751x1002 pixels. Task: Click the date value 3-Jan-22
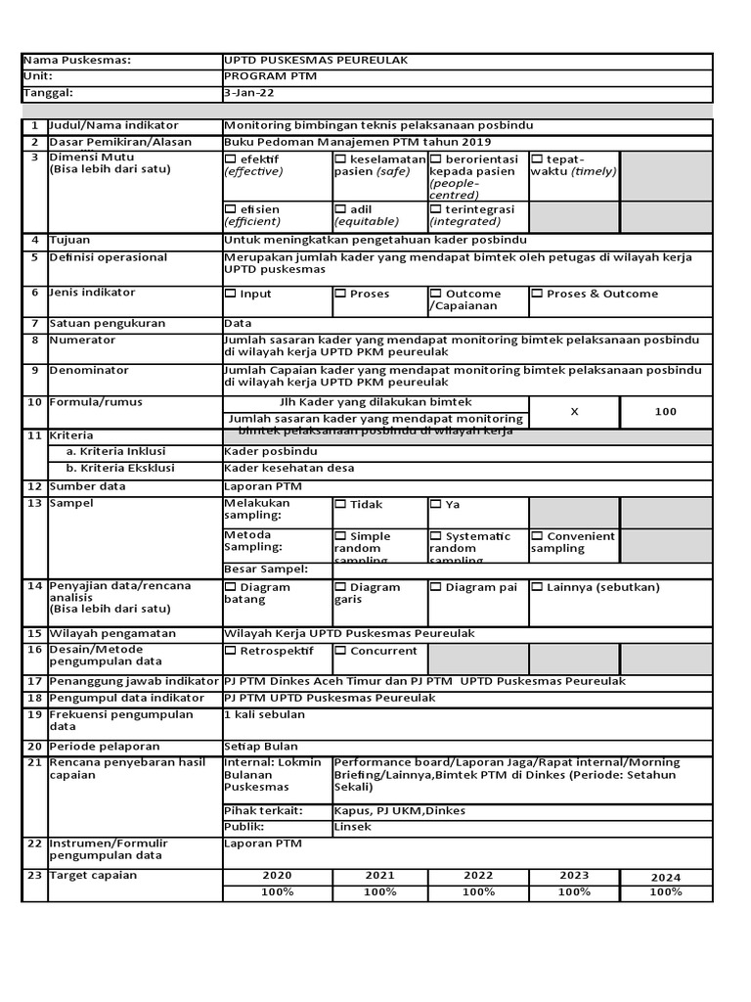click(x=243, y=93)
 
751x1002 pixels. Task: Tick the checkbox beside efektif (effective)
click(x=231, y=159)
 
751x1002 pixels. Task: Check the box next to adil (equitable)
click(x=340, y=209)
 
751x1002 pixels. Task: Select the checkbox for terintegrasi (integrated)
click(x=436, y=209)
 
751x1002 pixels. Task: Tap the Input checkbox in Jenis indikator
click(x=231, y=294)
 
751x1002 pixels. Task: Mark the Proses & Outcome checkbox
click(x=537, y=294)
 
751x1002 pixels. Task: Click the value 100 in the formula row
click(x=665, y=412)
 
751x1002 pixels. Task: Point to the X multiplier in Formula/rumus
click(x=574, y=412)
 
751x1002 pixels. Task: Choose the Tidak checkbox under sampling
click(x=340, y=505)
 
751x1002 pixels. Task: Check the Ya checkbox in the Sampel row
click(x=436, y=505)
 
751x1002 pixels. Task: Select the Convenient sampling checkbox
click(x=537, y=536)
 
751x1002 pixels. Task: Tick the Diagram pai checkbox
click(x=436, y=587)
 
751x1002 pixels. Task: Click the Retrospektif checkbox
click(x=231, y=650)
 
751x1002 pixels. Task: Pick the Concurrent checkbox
click(x=340, y=650)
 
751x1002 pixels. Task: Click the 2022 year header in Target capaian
click(x=478, y=876)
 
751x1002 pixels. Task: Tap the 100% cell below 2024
click(x=665, y=892)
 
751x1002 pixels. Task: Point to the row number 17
click(x=34, y=681)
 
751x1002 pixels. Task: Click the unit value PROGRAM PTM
click(x=270, y=76)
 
